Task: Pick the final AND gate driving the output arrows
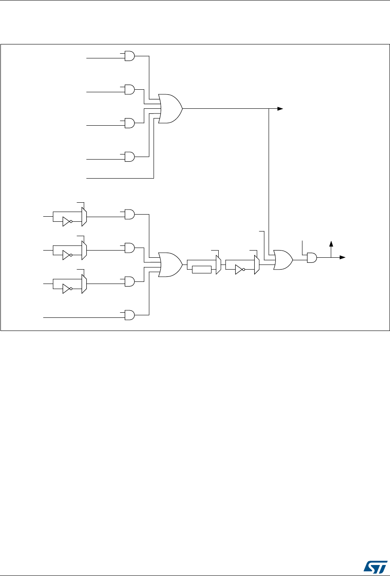pos(312,257)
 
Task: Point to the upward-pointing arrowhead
pos(332,243)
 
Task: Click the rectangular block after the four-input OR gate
pos(201,270)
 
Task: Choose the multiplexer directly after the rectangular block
pos(218,265)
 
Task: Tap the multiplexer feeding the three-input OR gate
pos(256,265)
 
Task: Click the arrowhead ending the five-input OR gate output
pos(280,109)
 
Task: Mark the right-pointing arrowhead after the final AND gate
pos(343,257)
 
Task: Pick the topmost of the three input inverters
pos(66,222)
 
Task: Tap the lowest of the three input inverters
pos(66,289)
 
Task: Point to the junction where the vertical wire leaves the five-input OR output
pos(269,109)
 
